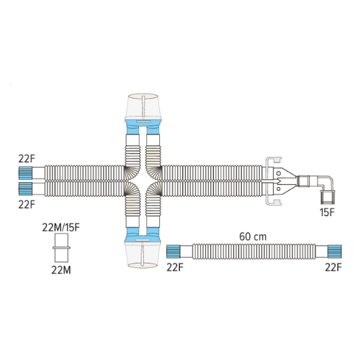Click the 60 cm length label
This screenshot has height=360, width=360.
[x=253, y=237]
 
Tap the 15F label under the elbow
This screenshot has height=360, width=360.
[x=327, y=212]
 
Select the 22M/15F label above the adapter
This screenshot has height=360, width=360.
[x=60, y=228]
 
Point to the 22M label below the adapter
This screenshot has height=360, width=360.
[x=61, y=270]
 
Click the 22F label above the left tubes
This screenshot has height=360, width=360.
[x=27, y=158]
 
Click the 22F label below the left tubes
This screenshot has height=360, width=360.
[x=27, y=204]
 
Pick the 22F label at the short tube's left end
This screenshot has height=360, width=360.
[x=175, y=267]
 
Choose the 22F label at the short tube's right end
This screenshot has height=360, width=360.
[x=333, y=267]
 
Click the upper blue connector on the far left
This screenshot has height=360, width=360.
[x=25, y=173]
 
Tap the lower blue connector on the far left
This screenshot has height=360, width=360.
[x=25, y=189]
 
